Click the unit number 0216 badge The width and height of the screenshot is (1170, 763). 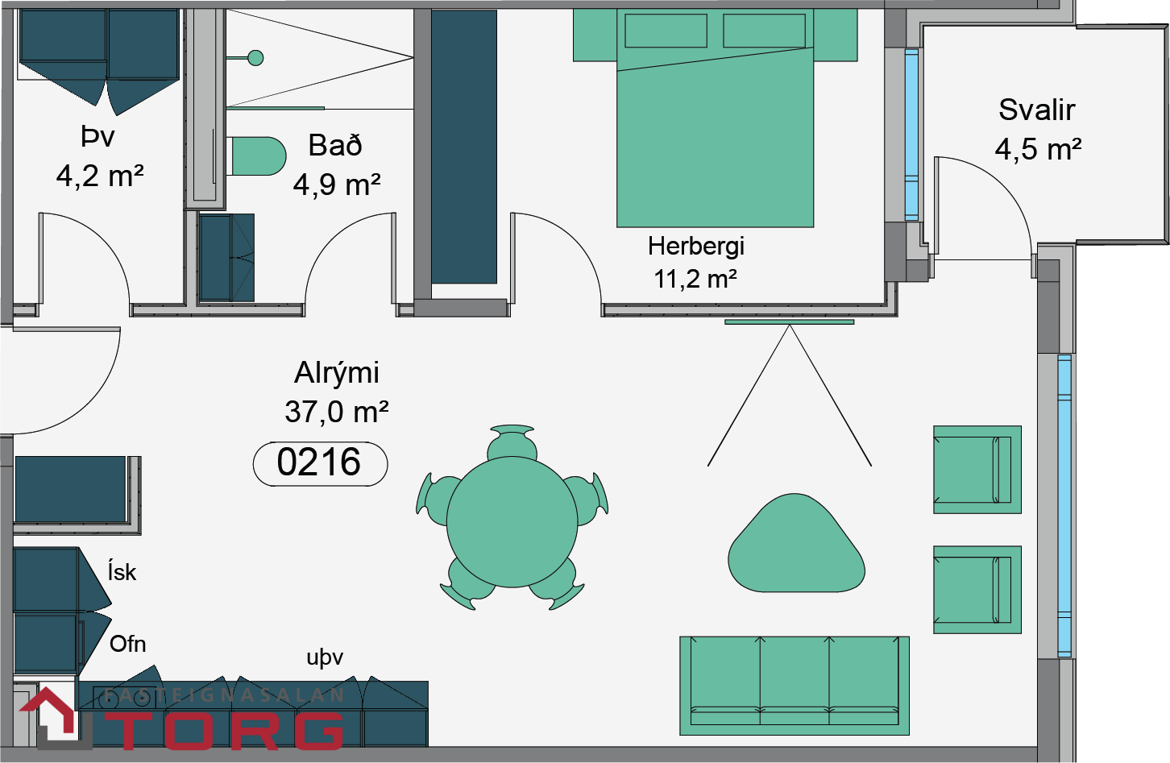click(320, 464)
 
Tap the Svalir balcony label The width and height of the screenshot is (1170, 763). click(1037, 110)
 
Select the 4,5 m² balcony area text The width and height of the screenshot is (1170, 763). click(1038, 149)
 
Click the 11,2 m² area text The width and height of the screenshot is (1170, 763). click(695, 279)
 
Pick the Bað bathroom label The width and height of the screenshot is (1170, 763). click(335, 145)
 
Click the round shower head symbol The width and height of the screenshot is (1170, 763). click(255, 57)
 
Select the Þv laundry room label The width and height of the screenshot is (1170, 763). click(98, 137)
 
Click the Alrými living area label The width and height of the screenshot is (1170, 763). click(336, 373)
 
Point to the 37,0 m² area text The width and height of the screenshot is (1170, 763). click(336, 412)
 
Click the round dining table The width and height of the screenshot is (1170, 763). click(512, 522)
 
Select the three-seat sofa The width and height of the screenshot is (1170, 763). click(795, 686)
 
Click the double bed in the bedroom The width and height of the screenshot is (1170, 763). click(715, 118)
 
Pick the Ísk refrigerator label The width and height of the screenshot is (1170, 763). click(122, 571)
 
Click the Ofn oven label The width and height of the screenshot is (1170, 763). click(127, 645)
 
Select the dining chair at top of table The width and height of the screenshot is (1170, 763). click(512, 442)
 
